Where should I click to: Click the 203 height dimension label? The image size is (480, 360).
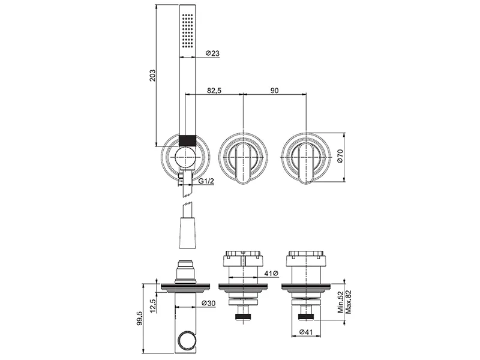(x=152, y=76)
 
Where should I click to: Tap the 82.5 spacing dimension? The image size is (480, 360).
(x=214, y=91)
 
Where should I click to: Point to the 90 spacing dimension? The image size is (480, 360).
(x=275, y=91)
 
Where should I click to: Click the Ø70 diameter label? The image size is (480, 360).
(x=340, y=156)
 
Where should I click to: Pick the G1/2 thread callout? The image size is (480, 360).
(x=206, y=181)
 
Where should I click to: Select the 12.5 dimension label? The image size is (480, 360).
(x=153, y=305)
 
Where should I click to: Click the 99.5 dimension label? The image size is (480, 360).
(x=140, y=319)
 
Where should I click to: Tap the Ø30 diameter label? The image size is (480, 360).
(x=209, y=304)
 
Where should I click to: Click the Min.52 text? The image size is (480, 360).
(x=341, y=302)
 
